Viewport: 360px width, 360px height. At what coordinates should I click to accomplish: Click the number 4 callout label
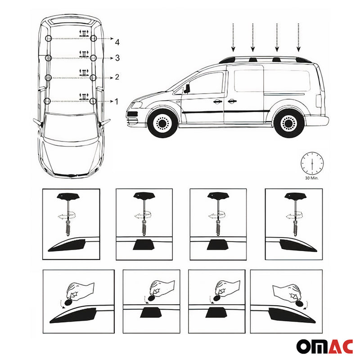(x=117, y=42)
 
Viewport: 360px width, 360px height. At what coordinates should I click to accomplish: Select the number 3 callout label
(x=117, y=58)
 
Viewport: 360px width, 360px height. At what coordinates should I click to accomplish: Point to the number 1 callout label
(x=117, y=102)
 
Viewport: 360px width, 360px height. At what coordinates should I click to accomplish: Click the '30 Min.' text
(x=311, y=178)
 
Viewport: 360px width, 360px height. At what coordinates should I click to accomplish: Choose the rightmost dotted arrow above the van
(x=298, y=37)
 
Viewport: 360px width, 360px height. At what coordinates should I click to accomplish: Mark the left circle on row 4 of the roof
(x=48, y=39)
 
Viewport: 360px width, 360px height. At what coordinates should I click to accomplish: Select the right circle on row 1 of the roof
(x=93, y=101)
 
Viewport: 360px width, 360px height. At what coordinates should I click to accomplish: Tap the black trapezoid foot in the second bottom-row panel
(x=151, y=313)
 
